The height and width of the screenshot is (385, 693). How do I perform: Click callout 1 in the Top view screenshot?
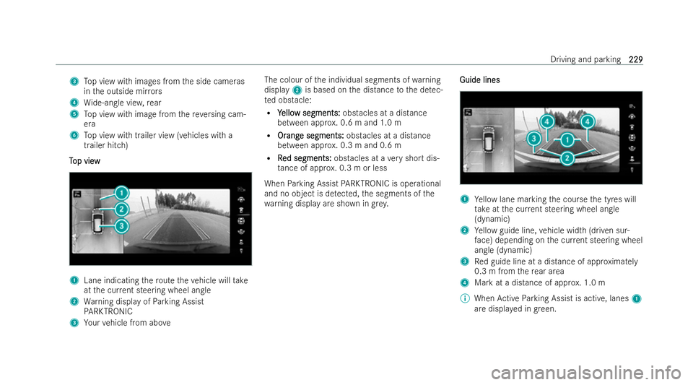click(121, 193)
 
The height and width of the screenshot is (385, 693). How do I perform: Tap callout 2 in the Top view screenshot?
click(121, 209)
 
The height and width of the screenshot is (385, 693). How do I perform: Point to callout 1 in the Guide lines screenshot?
click(568, 138)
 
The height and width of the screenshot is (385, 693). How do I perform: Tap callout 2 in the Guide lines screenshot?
click(568, 157)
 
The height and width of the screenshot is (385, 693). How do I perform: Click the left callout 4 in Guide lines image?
click(548, 120)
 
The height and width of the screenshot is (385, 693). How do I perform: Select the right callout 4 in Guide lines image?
click(588, 120)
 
